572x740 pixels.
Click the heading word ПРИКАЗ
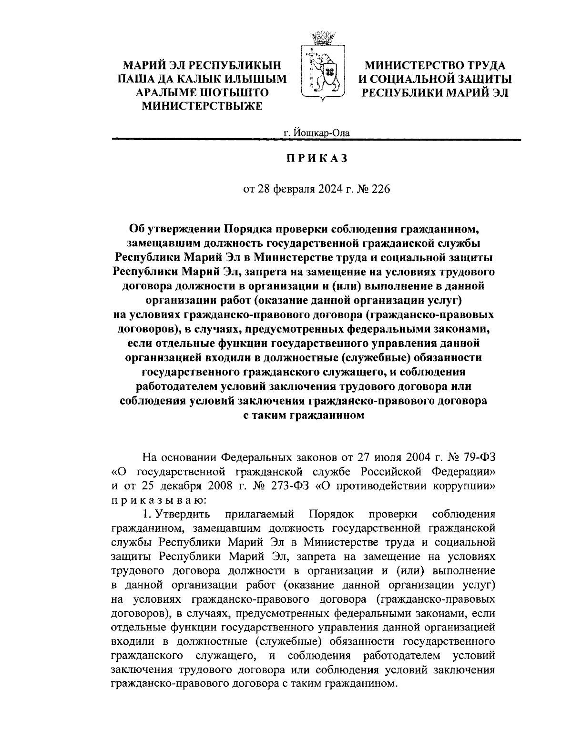click(317, 159)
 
